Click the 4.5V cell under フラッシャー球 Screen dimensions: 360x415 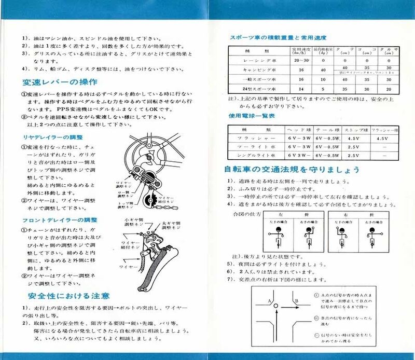click(382, 139)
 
